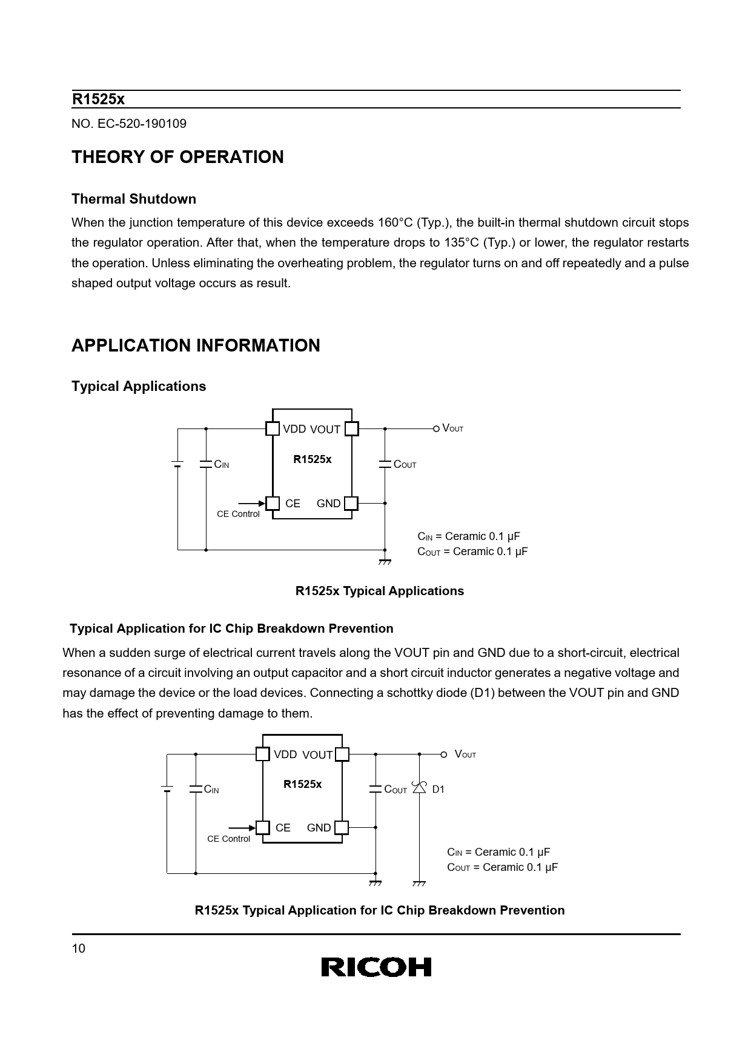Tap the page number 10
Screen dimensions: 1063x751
coord(79,949)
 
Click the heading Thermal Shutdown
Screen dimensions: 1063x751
coord(134,199)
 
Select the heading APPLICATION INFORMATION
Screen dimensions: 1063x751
coord(196,345)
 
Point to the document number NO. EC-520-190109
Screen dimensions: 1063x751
coord(129,124)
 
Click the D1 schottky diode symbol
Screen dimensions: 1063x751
coord(419,788)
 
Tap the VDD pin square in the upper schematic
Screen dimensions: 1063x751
coord(273,428)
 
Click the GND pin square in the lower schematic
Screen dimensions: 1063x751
coord(342,827)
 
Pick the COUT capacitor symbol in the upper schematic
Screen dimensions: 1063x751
coord(385,464)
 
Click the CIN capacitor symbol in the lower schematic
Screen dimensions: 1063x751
coord(196,789)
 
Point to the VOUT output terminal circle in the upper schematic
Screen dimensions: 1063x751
coord(436,428)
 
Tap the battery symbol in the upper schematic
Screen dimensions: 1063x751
coord(177,464)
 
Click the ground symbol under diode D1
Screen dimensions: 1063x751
coord(419,883)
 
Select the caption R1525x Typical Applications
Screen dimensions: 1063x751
coord(379,591)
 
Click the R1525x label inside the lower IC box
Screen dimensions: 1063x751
coord(303,784)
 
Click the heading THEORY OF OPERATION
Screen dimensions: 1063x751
coord(177,157)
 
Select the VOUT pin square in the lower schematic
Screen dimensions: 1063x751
coord(342,755)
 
